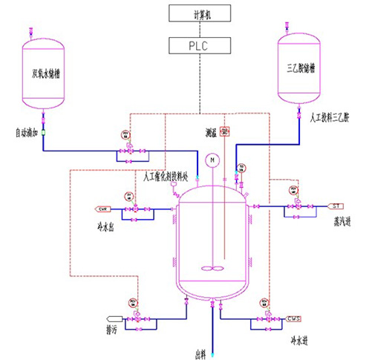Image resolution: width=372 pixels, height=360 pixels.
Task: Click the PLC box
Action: pyautogui.click(x=198, y=46)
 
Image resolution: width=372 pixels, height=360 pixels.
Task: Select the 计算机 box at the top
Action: pyautogui.click(x=198, y=13)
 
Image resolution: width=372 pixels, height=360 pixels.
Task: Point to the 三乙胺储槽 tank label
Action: pyautogui.click(x=301, y=68)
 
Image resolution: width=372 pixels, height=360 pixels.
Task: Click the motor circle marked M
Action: pyautogui.click(x=212, y=160)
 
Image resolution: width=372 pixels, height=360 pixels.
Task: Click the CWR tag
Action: pyautogui.click(x=105, y=208)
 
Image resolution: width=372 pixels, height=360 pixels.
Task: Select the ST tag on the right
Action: pyautogui.click(x=336, y=206)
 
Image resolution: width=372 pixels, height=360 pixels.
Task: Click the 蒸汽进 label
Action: pyautogui.click(x=338, y=223)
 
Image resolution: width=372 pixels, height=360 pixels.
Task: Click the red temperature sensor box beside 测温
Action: pyautogui.click(x=226, y=131)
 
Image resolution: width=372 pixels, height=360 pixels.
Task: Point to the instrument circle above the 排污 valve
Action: pyautogui.click(x=134, y=302)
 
